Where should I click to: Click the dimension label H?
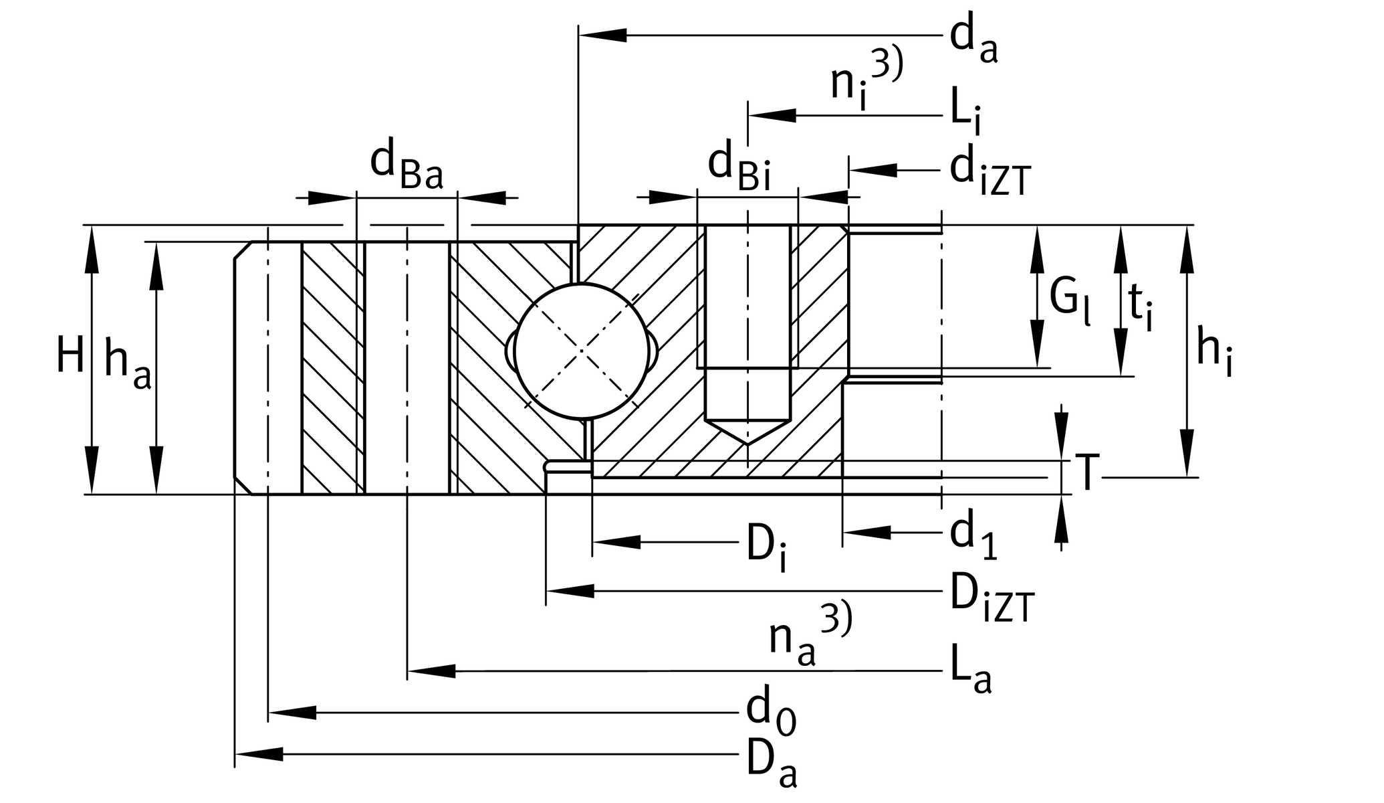(70, 355)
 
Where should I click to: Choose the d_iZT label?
(990, 173)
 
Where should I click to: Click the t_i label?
(1140, 306)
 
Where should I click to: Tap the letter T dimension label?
(1086, 474)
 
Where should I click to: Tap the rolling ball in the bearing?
(582, 351)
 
